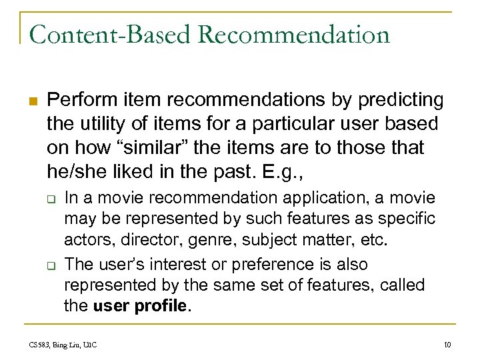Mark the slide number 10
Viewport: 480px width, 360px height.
point(447,344)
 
